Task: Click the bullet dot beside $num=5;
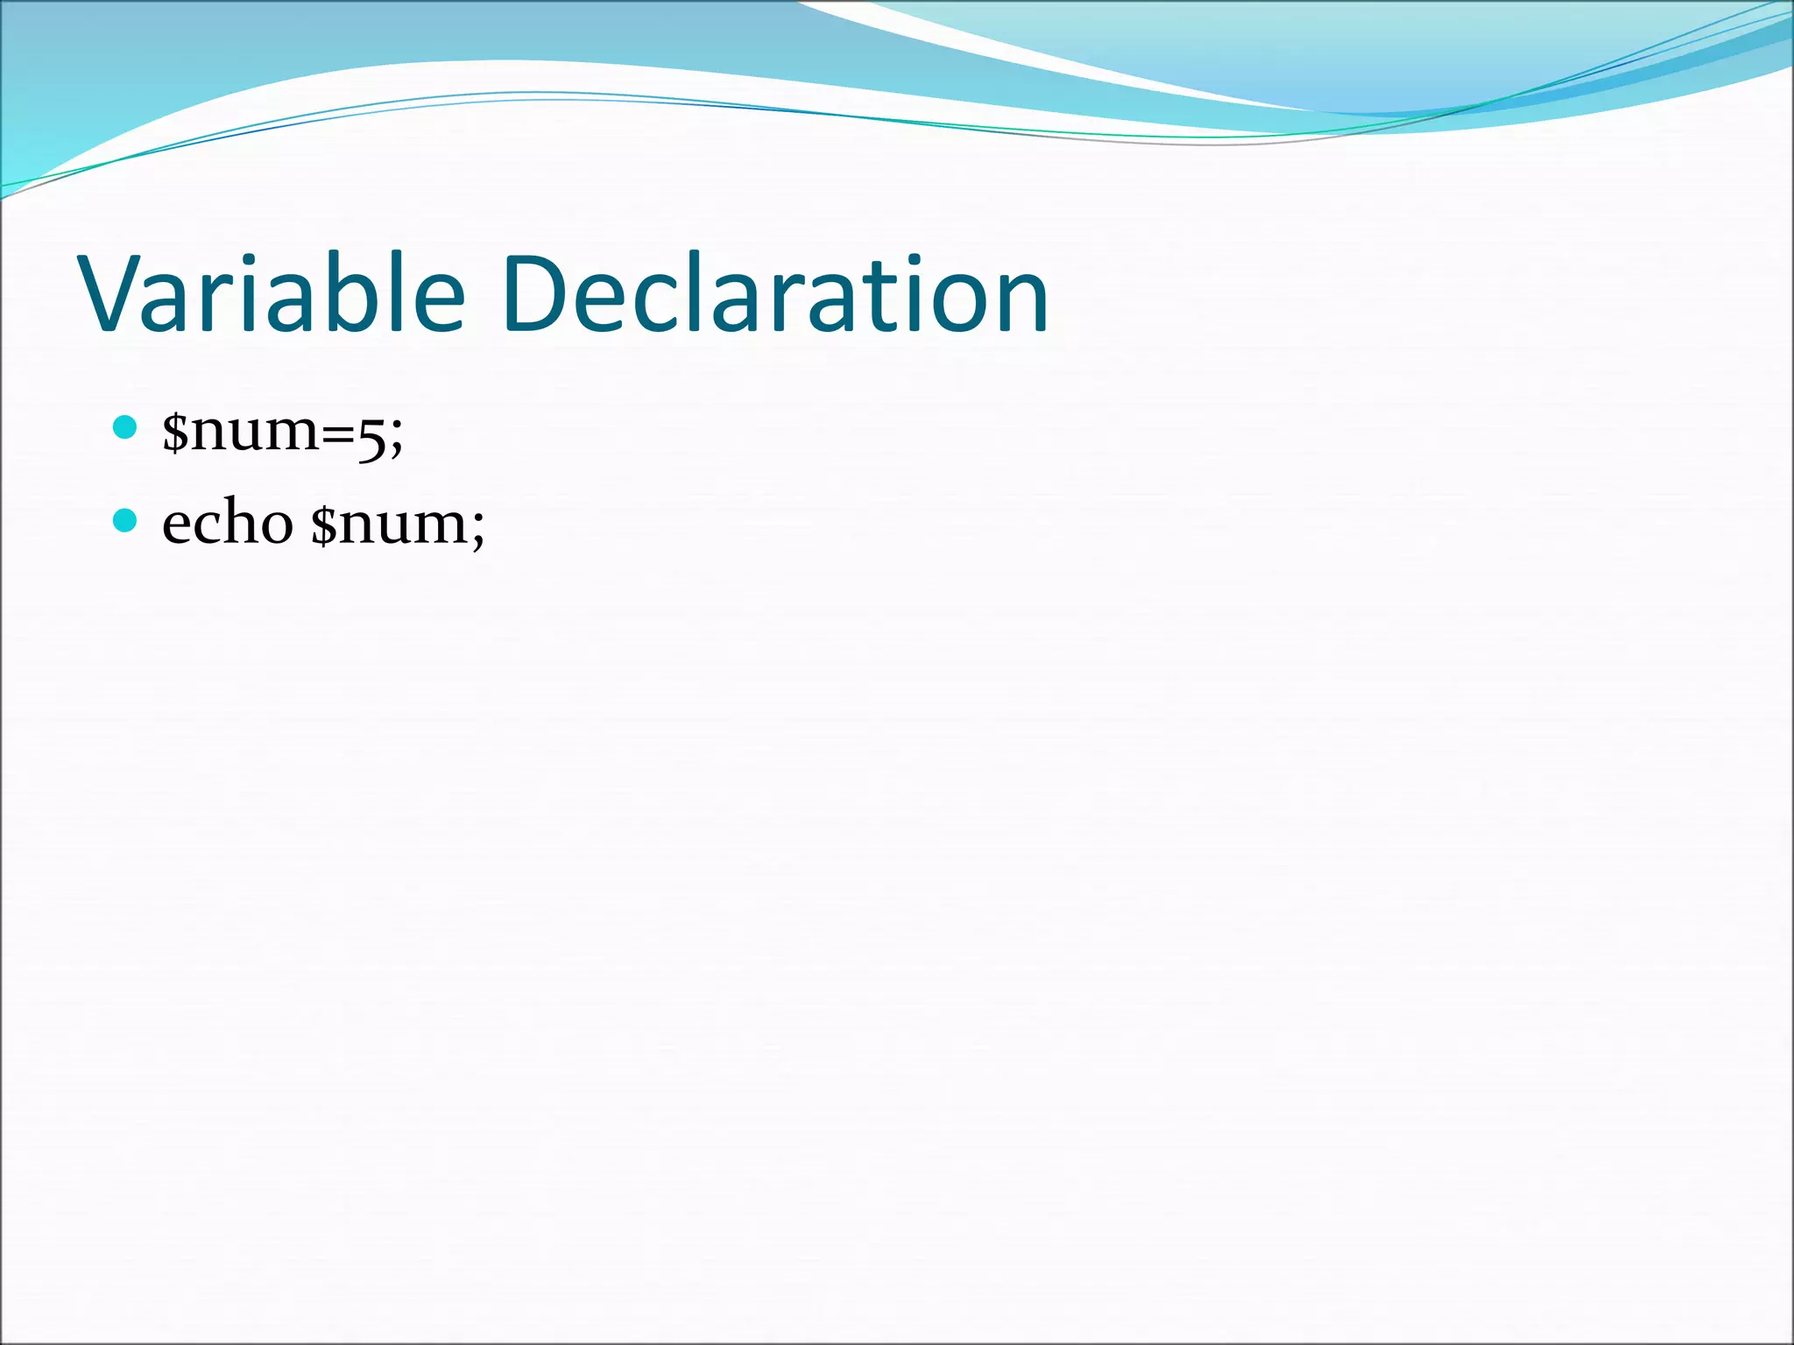pos(125,427)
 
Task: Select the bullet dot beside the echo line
pos(125,521)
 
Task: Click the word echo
pos(228,523)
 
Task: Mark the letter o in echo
pos(277,527)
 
